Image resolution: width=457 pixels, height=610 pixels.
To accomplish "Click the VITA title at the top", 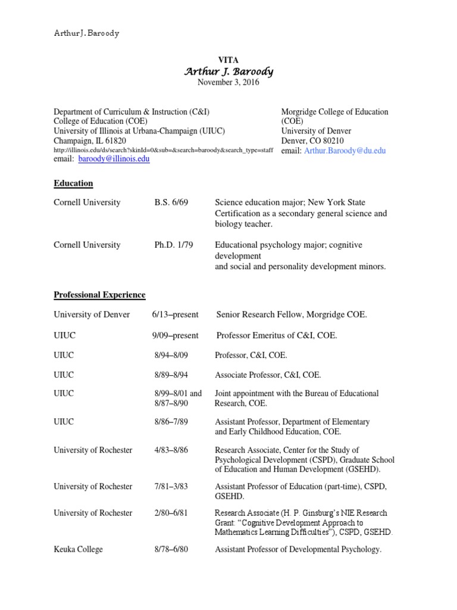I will tap(228, 60).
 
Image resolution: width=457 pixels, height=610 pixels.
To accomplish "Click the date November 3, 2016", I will tap(228, 82).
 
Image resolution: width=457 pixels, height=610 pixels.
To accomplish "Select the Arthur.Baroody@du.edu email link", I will tap(345, 151).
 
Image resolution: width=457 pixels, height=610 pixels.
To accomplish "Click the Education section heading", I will tap(73, 183).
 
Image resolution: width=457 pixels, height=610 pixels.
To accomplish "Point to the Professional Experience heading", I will tap(99, 295).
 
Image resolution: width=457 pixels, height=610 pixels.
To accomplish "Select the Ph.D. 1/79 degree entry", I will tap(174, 245).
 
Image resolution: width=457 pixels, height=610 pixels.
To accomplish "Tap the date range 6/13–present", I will tap(175, 315).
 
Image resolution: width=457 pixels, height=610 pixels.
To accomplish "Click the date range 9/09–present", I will tap(175, 336).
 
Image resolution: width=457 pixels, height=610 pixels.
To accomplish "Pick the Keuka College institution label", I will tap(78, 549).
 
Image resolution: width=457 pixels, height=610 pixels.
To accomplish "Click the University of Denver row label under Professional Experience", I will tap(92, 315).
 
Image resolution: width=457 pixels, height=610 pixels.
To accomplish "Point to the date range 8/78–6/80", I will tap(171, 549).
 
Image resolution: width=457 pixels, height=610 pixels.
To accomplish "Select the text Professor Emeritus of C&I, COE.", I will tap(277, 336).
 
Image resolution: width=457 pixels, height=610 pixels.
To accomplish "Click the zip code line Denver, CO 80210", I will tap(316, 141).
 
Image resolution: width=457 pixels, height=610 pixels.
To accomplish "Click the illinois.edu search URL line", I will tap(164, 150).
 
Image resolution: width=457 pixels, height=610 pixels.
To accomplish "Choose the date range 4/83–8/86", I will tap(171, 450).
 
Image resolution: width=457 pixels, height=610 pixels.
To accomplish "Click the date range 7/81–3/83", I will tap(171, 487).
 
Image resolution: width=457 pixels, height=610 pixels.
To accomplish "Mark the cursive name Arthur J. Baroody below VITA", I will tap(228, 71).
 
